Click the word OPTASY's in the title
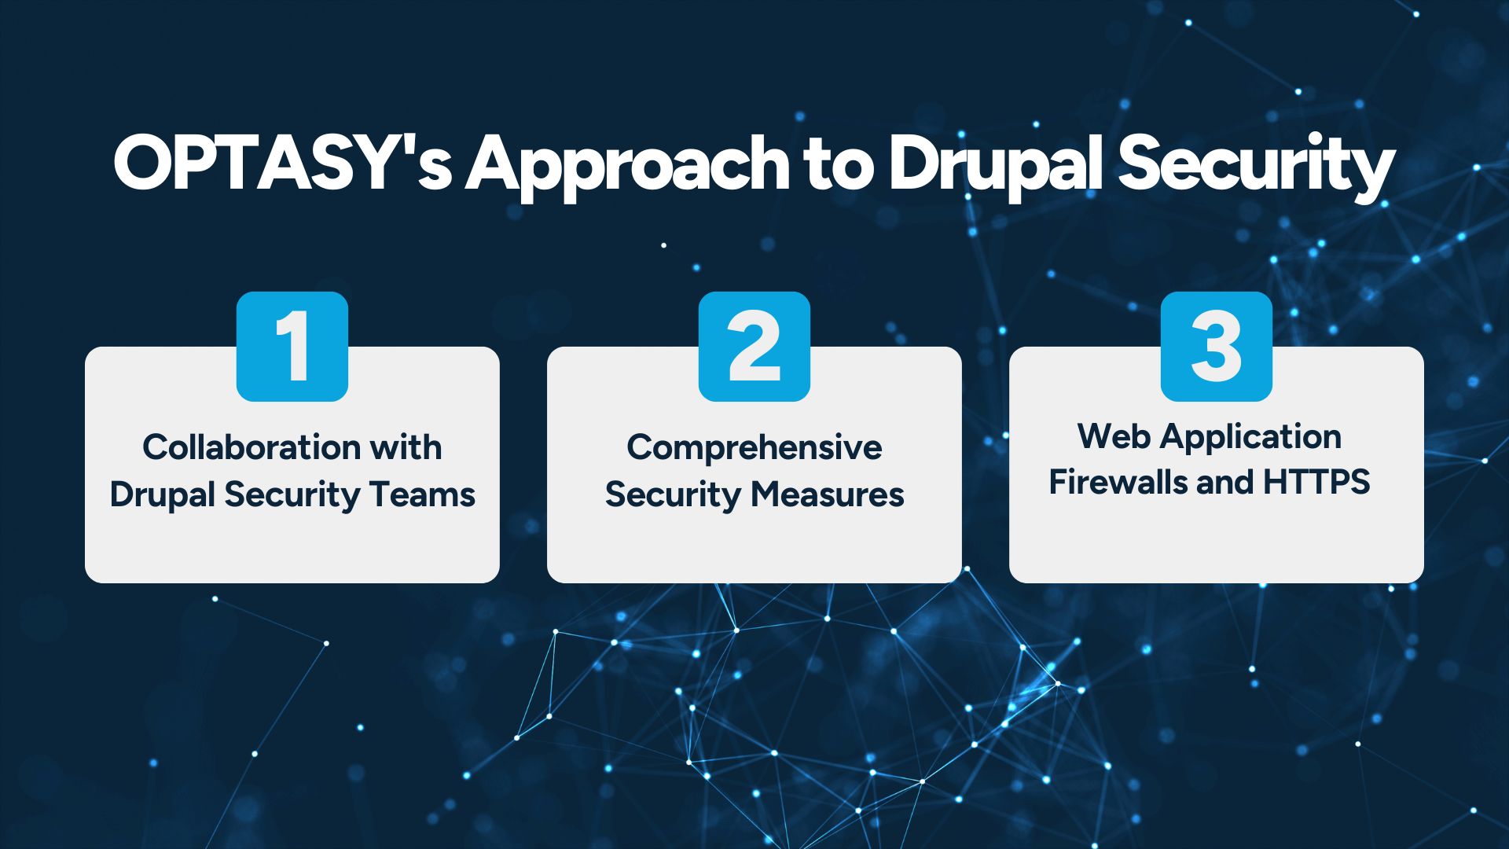(x=283, y=164)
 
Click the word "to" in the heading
(x=839, y=166)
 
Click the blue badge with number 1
(x=292, y=347)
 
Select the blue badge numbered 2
(x=754, y=347)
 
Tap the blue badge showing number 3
(x=1217, y=347)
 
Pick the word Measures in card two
(x=827, y=494)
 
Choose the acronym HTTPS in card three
(x=1316, y=482)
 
